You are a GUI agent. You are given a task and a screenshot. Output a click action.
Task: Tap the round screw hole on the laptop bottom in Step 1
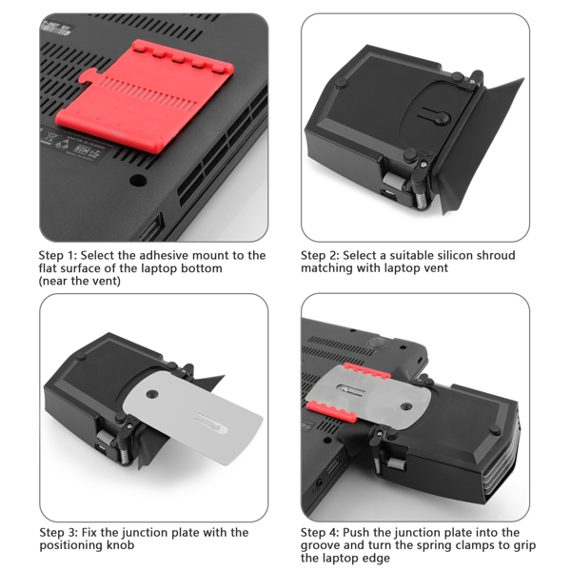(138, 180)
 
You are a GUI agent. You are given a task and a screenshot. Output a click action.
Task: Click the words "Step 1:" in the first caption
(58, 255)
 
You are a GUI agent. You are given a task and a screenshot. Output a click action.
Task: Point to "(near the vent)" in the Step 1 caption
(80, 281)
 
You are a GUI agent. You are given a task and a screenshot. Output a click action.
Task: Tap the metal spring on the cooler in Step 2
(421, 201)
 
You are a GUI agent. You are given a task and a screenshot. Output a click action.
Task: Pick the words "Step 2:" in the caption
(320, 255)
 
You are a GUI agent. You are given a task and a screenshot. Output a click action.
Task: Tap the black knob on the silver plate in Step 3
(152, 394)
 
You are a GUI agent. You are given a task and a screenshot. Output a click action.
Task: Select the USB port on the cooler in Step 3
(102, 448)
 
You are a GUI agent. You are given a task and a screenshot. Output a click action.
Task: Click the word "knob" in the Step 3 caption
(121, 545)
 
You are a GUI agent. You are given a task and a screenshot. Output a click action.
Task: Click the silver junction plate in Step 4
(371, 398)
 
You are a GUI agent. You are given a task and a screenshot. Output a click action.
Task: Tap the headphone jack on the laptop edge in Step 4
(320, 484)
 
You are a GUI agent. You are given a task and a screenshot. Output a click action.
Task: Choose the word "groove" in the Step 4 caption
(322, 546)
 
